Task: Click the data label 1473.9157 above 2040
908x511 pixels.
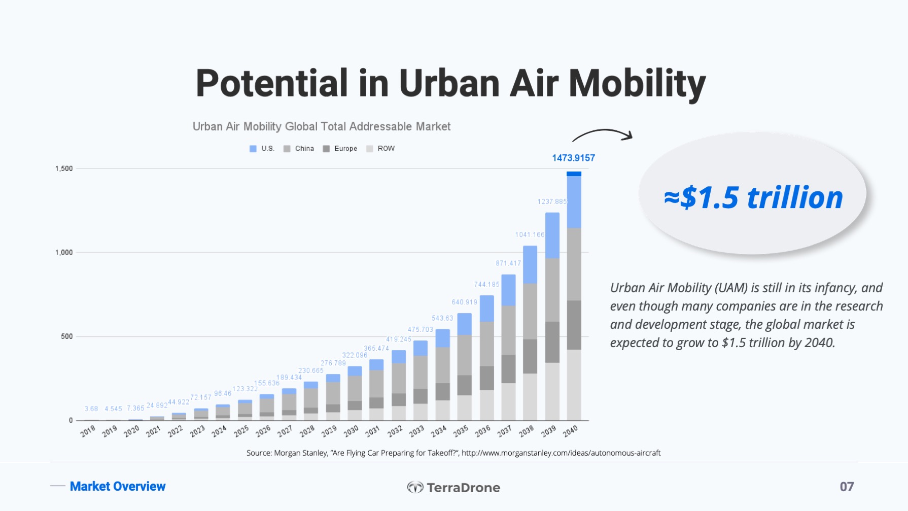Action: (x=573, y=158)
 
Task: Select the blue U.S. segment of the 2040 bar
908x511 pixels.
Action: (x=574, y=201)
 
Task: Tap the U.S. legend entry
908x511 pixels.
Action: (x=262, y=149)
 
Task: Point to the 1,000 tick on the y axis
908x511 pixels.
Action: (x=64, y=253)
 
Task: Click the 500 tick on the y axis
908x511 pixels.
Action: (x=66, y=336)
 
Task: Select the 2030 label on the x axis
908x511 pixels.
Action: (x=351, y=431)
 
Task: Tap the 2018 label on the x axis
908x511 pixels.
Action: (x=88, y=431)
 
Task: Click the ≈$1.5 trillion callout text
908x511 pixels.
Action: (x=753, y=197)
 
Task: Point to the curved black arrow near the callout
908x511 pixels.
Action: (x=603, y=134)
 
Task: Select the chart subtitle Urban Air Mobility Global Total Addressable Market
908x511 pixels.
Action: (x=321, y=126)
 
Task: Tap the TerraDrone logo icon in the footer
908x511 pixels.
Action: (x=415, y=487)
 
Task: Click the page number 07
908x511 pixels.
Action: (x=847, y=487)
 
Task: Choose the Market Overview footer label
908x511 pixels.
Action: (x=118, y=486)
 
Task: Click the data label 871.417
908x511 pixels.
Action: (x=508, y=263)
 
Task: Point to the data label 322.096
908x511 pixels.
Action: (x=355, y=355)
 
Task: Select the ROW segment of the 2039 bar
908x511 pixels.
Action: (x=552, y=391)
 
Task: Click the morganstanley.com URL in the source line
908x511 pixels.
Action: (x=561, y=453)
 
